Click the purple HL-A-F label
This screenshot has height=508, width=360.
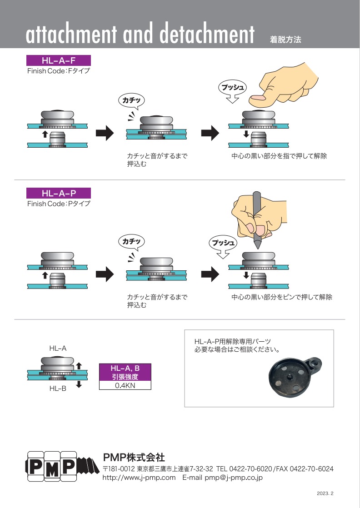59,60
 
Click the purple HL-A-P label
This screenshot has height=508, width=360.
59,193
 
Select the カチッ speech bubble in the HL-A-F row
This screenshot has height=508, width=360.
131,100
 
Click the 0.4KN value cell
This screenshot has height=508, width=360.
125,385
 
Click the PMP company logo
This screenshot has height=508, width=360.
61,466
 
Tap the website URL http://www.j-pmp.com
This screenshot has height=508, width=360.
139,478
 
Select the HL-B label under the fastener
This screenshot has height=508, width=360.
58,389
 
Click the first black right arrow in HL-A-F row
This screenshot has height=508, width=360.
105,133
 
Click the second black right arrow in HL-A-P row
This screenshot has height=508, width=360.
210,274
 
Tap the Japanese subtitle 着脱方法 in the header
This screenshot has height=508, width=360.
285,40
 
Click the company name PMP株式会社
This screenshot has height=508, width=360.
134,457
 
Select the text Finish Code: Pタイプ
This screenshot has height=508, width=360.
59,204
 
